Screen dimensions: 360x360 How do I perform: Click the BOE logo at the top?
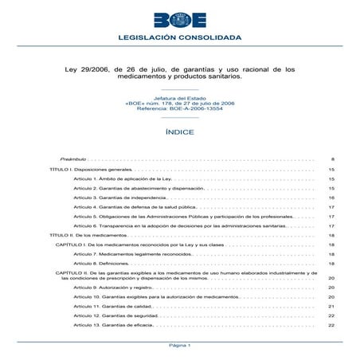179,19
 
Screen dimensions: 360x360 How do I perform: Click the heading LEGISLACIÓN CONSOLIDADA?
179,38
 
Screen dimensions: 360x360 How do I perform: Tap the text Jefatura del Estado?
179,96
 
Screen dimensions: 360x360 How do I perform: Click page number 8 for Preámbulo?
332,160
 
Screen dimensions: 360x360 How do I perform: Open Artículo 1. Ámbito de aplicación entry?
121,180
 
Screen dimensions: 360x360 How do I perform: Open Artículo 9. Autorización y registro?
112,287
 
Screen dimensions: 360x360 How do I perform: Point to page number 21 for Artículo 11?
331,306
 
